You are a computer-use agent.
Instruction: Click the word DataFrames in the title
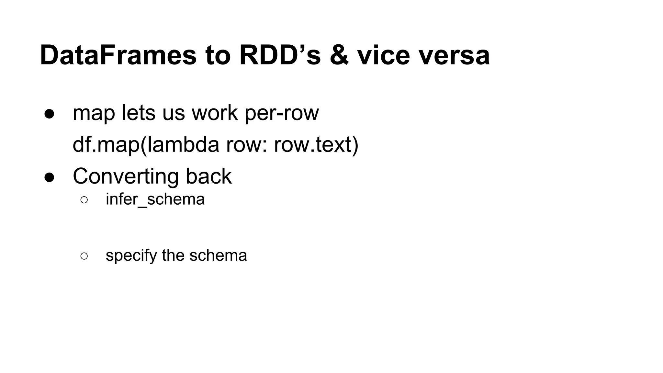click(118, 55)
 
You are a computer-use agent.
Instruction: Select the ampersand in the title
click(339, 55)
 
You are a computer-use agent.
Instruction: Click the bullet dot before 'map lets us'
click(49, 114)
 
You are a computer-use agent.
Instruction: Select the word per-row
click(282, 113)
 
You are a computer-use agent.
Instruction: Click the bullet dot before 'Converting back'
click(49, 177)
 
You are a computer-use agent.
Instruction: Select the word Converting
click(126, 176)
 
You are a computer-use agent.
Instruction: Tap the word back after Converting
click(208, 176)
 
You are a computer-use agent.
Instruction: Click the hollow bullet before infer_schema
click(84, 200)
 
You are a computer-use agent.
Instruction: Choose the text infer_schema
click(155, 199)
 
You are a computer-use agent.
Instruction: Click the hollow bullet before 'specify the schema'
click(84, 256)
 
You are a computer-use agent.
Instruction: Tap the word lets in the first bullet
click(138, 113)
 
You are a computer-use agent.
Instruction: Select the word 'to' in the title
click(218, 55)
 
